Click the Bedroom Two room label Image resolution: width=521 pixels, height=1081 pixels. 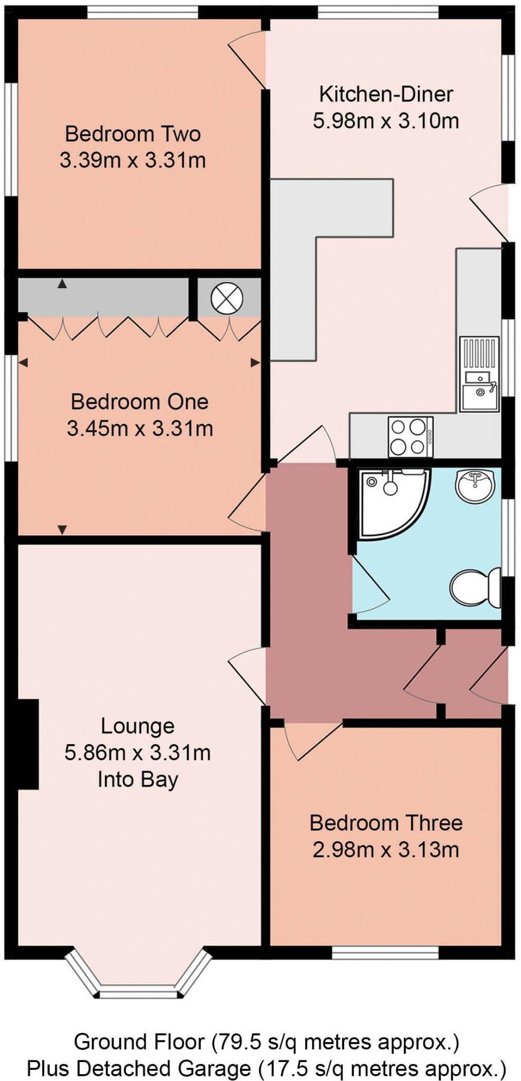click(132, 134)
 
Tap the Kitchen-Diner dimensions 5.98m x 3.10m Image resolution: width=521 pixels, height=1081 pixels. click(385, 121)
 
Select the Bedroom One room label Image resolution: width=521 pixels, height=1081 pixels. click(139, 402)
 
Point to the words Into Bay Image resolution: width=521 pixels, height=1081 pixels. click(138, 780)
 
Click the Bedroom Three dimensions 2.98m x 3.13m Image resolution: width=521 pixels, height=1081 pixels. click(385, 850)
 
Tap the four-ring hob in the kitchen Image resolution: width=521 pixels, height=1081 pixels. click(410, 436)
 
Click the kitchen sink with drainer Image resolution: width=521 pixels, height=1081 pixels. click(479, 374)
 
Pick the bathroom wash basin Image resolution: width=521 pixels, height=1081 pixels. click(475, 485)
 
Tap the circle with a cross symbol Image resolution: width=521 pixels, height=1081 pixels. click(226, 299)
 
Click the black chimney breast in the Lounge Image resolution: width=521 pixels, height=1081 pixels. click(27, 744)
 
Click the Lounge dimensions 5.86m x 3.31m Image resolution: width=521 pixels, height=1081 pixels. click(137, 753)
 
